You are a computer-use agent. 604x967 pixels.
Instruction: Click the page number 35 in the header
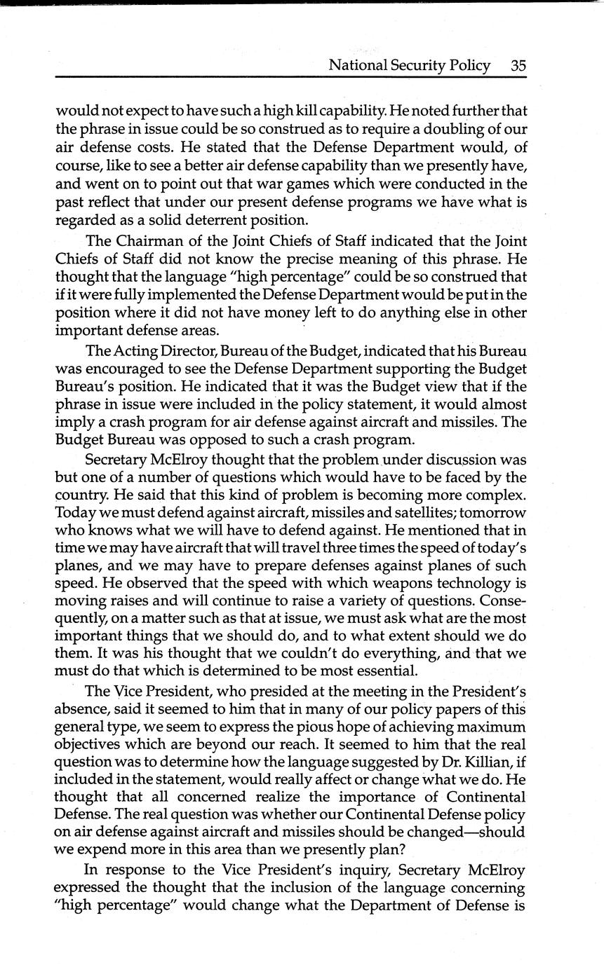coord(518,66)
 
